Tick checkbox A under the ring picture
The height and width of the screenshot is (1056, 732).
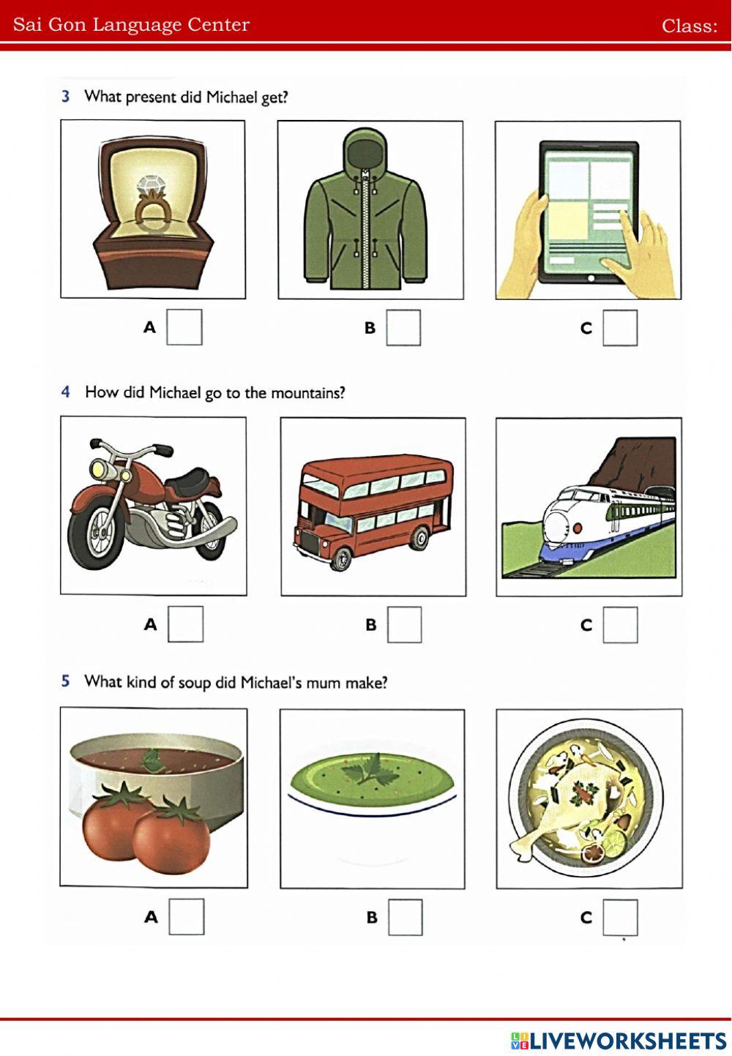pos(184,327)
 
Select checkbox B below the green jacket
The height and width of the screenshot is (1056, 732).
pos(403,328)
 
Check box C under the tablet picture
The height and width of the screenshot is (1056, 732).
pos(620,328)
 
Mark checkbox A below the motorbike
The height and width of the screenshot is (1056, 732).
pos(185,624)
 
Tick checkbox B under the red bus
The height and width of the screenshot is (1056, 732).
pos(404,625)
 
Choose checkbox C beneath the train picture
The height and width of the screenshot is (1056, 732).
pos(620,625)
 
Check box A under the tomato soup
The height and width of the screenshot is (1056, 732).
pos(187,916)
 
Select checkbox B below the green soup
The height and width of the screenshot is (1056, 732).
pos(405,917)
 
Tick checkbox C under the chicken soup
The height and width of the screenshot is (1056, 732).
pos(620,917)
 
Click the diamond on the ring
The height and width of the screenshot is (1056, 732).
pos(149,185)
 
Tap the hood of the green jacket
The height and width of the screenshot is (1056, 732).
pos(365,151)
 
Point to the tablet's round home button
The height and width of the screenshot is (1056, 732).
pos(591,278)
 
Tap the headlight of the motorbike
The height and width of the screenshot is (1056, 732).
pos(100,468)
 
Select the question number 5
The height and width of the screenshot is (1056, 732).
pos(66,681)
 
